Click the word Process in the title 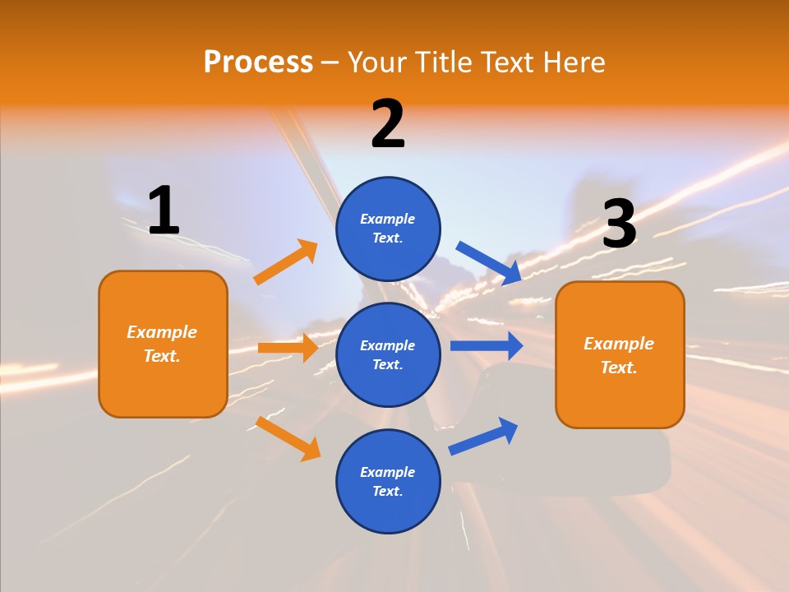point(258,62)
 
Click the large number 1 point(164,211)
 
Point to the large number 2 point(388,124)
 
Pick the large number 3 point(619,224)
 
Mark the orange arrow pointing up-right point(285,262)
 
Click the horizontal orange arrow point(288,348)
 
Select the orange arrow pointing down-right point(288,438)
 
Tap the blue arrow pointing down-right point(489,262)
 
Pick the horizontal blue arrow point(486,345)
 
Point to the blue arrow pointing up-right point(483,436)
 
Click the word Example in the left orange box point(162,332)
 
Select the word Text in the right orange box point(618,368)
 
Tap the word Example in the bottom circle point(388,472)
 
